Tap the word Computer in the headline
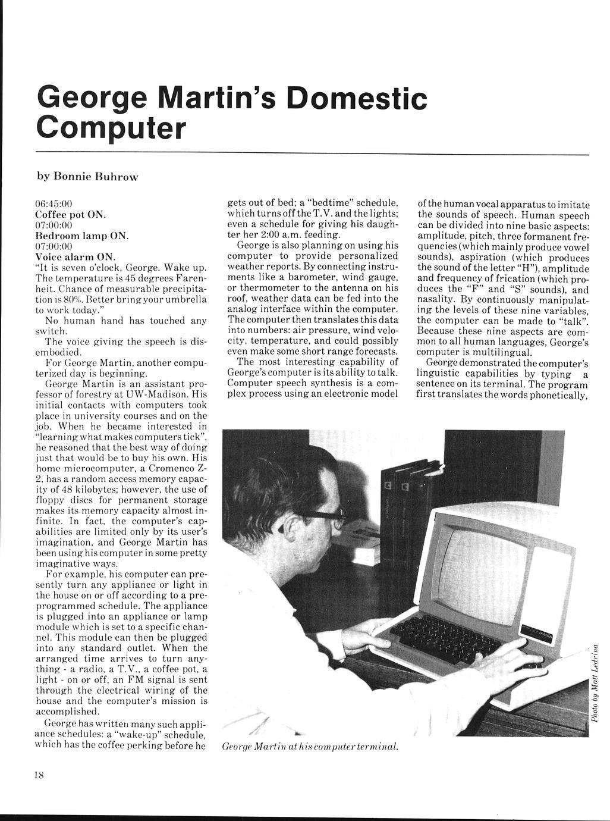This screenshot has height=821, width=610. tap(111, 127)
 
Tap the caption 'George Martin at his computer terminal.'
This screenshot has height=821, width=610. tap(309, 746)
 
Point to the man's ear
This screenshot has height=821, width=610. tap(283, 523)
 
